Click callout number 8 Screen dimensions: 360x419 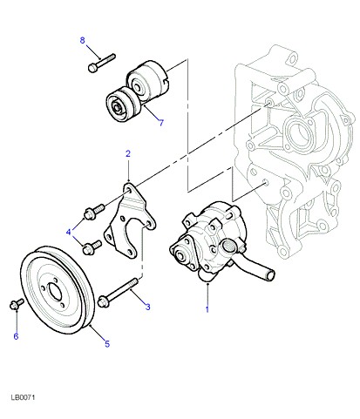coord(83,40)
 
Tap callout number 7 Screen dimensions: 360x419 coord(161,123)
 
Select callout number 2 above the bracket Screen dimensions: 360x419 coord(128,153)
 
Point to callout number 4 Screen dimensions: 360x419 coord(69,232)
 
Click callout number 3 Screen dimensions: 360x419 coord(148,307)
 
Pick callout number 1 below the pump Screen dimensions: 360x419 coord(207,309)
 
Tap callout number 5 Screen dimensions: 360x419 coord(107,344)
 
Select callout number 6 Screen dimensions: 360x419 coord(16,336)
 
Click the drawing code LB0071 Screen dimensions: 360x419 coord(23,397)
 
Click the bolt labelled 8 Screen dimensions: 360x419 coord(101,63)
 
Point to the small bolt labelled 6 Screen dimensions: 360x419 coord(17,304)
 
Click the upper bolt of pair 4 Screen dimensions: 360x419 coord(94,212)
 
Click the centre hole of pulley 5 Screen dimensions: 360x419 coord(55,291)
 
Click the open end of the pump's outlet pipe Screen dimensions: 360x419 coord(271,274)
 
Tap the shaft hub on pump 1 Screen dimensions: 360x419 coord(180,256)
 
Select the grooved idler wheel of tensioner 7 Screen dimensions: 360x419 coord(123,105)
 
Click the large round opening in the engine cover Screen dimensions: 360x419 coord(299,134)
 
